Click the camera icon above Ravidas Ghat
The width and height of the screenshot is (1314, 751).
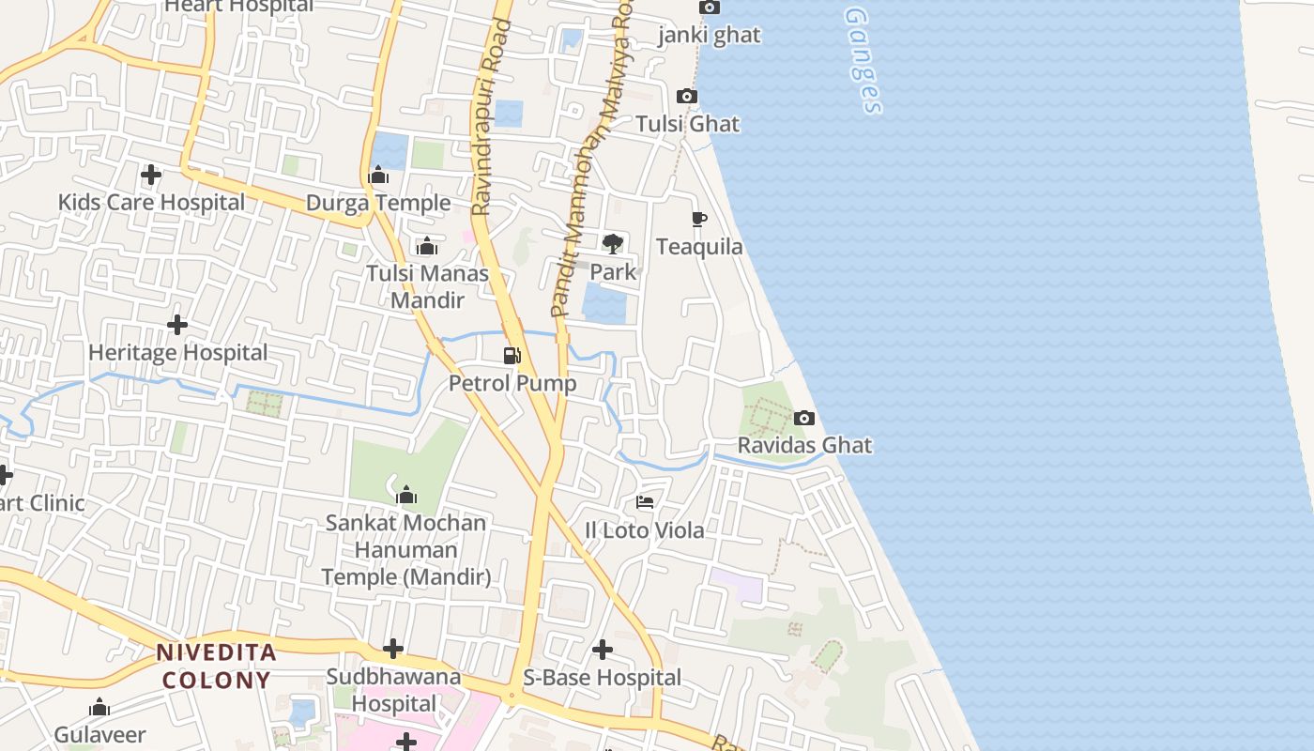point(804,419)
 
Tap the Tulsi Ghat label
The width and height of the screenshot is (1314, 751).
point(687,124)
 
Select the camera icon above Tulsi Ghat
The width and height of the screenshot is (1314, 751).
point(687,97)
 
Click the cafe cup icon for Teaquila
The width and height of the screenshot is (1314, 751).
point(698,220)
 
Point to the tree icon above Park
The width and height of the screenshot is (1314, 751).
point(613,244)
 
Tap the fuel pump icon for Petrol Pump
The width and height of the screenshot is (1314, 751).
point(512,356)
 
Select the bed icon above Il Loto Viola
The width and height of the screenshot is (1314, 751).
point(645,502)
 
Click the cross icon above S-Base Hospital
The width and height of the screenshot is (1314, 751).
point(603,650)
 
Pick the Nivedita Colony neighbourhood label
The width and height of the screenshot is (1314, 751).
point(216,666)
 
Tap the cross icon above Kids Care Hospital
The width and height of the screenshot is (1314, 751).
point(151,175)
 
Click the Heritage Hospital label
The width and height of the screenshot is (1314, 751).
point(178,353)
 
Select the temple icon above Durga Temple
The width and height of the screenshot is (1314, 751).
point(379,176)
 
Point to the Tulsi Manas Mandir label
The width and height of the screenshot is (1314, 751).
point(428,286)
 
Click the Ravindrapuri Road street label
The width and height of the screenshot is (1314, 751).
point(488,117)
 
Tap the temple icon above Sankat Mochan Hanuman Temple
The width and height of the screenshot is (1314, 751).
point(406,495)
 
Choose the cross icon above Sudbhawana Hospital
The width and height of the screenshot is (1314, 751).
point(393,649)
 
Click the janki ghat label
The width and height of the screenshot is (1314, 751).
point(710,36)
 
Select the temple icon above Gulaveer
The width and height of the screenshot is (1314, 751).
point(99,708)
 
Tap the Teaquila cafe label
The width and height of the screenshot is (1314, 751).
point(699,247)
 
